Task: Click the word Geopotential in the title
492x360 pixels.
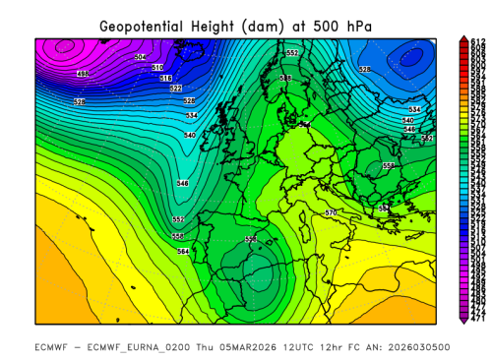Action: pos(150,23)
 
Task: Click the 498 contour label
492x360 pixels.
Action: pos(83,73)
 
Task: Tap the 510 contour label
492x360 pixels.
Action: pos(157,67)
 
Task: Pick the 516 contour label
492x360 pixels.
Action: pos(166,78)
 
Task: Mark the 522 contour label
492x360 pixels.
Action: pos(175,89)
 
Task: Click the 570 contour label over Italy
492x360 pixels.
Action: pos(331,212)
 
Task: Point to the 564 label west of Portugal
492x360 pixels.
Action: pos(183,252)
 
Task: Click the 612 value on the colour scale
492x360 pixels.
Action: pos(477,41)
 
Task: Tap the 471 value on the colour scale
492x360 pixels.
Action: pos(477,318)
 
